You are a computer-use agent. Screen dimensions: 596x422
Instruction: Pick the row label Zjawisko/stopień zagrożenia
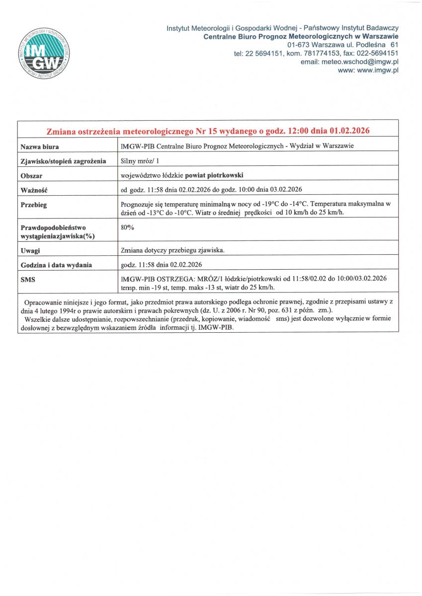63,161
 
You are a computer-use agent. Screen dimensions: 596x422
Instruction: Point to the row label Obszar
31,176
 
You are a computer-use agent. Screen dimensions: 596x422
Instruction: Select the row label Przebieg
34,205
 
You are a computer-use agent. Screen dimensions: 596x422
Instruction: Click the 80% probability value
128,227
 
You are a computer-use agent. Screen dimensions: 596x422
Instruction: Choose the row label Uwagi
30,251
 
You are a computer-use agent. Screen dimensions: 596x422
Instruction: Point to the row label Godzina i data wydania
56,265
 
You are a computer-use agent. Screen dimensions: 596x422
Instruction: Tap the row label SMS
28,280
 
